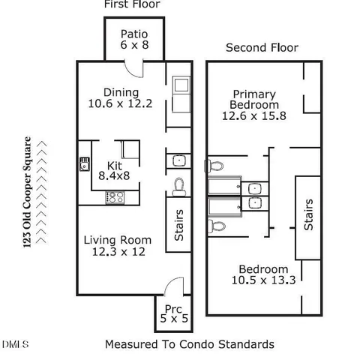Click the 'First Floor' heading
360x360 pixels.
pos(131,4)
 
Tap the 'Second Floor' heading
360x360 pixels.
pos(262,48)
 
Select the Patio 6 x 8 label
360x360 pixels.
pos(134,40)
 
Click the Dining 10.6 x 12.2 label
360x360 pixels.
pos(120,98)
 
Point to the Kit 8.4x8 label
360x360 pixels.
pos(115,170)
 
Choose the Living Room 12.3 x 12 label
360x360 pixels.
pos(117,246)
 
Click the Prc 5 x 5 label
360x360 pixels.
pos(169,314)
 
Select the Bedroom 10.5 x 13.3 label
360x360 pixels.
pos(263,275)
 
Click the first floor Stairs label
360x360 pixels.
pos(179,225)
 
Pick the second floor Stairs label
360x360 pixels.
pos(307,214)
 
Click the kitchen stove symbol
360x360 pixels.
pos(115,197)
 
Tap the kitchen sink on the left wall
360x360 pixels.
pos(84,162)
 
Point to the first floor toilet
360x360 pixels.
pos(179,184)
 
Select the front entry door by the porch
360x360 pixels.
pos(173,287)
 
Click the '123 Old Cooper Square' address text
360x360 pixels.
pos(28,192)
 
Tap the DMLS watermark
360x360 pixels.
pos(15,344)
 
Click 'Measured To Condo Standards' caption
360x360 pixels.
pos(189,344)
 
